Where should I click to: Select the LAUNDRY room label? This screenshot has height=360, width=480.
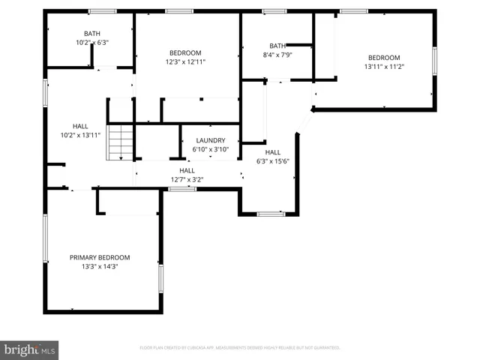tap(211, 141)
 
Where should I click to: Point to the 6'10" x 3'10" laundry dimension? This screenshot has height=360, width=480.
tap(211, 150)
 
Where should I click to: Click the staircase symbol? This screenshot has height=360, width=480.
tap(120, 142)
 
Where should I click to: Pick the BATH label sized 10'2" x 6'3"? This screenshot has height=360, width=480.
tap(91, 34)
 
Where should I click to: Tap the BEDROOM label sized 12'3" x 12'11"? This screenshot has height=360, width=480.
tap(185, 52)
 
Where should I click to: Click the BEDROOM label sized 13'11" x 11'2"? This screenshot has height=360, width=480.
tap(383, 58)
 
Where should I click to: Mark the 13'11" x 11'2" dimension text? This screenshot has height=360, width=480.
tap(383, 67)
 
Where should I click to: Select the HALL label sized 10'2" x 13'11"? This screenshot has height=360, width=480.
tap(80, 126)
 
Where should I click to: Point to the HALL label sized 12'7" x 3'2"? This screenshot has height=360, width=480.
tap(187, 170)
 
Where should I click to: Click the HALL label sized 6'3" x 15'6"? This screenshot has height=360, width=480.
tap(273, 152)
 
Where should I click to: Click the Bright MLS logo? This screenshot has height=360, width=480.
tap(30, 350)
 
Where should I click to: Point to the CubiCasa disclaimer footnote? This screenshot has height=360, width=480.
tap(240, 348)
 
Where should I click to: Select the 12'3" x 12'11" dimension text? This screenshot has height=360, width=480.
tap(185, 61)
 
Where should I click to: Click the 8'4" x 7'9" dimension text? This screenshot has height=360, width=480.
tap(277, 55)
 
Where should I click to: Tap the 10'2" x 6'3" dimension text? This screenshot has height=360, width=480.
tap(91, 43)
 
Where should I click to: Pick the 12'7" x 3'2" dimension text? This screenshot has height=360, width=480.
tap(187, 179)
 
